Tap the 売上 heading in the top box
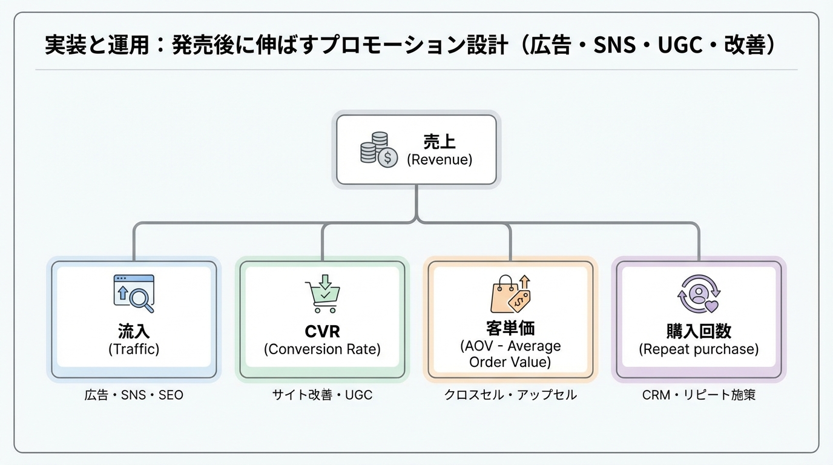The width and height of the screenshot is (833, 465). point(440,142)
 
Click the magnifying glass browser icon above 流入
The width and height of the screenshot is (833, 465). point(134,293)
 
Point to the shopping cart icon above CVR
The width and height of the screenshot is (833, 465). point(322,294)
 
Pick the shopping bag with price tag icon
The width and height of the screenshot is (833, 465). point(510,294)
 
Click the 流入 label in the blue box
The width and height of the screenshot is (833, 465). point(134,331)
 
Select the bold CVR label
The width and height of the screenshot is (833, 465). point(322,332)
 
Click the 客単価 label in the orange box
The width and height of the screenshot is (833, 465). point(510,328)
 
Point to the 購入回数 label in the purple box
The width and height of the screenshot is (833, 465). point(699,331)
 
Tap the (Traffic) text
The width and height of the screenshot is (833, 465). point(134,349)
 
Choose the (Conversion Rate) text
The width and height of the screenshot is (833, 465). point(322,349)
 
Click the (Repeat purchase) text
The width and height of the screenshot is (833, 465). point(699,349)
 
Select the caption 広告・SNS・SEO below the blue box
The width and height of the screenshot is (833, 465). point(134,395)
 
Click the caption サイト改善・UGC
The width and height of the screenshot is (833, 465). point(322,395)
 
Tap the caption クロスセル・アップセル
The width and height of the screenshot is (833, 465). point(510,395)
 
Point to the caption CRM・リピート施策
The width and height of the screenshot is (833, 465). point(699,395)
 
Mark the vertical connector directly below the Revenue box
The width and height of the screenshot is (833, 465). point(416,203)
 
